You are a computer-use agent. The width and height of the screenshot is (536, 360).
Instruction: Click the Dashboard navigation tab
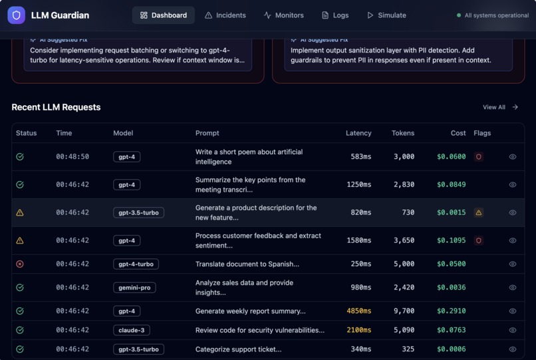(x=163, y=15)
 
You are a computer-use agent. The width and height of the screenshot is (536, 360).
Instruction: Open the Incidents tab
(x=225, y=15)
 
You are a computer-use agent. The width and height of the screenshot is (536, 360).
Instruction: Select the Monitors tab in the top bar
(x=283, y=15)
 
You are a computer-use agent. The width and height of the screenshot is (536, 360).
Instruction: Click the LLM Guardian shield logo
(x=17, y=15)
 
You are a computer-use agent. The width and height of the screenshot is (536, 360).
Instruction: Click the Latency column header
(x=358, y=133)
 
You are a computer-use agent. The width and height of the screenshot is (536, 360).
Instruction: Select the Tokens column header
(x=403, y=133)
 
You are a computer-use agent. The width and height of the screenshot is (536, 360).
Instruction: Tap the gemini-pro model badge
(x=134, y=287)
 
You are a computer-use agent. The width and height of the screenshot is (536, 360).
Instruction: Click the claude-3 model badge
(x=131, y=330)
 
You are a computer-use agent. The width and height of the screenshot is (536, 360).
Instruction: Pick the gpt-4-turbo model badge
(x=136, y=264)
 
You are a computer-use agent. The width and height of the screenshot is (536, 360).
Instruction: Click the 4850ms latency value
(x=358, y=311)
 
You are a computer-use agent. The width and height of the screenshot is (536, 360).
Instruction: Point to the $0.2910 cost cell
(x=451, y=311)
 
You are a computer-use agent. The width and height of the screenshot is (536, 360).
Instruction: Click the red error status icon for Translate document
(x=20, y=264)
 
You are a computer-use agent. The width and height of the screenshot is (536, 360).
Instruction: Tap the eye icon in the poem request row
(x=512, y=157)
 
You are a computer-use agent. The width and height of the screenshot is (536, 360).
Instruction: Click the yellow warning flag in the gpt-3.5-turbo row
(x=478, y=213)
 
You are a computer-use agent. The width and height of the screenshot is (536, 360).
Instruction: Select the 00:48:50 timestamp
(x=72, y=157)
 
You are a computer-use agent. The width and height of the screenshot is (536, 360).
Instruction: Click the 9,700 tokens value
(x=404, y=311)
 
